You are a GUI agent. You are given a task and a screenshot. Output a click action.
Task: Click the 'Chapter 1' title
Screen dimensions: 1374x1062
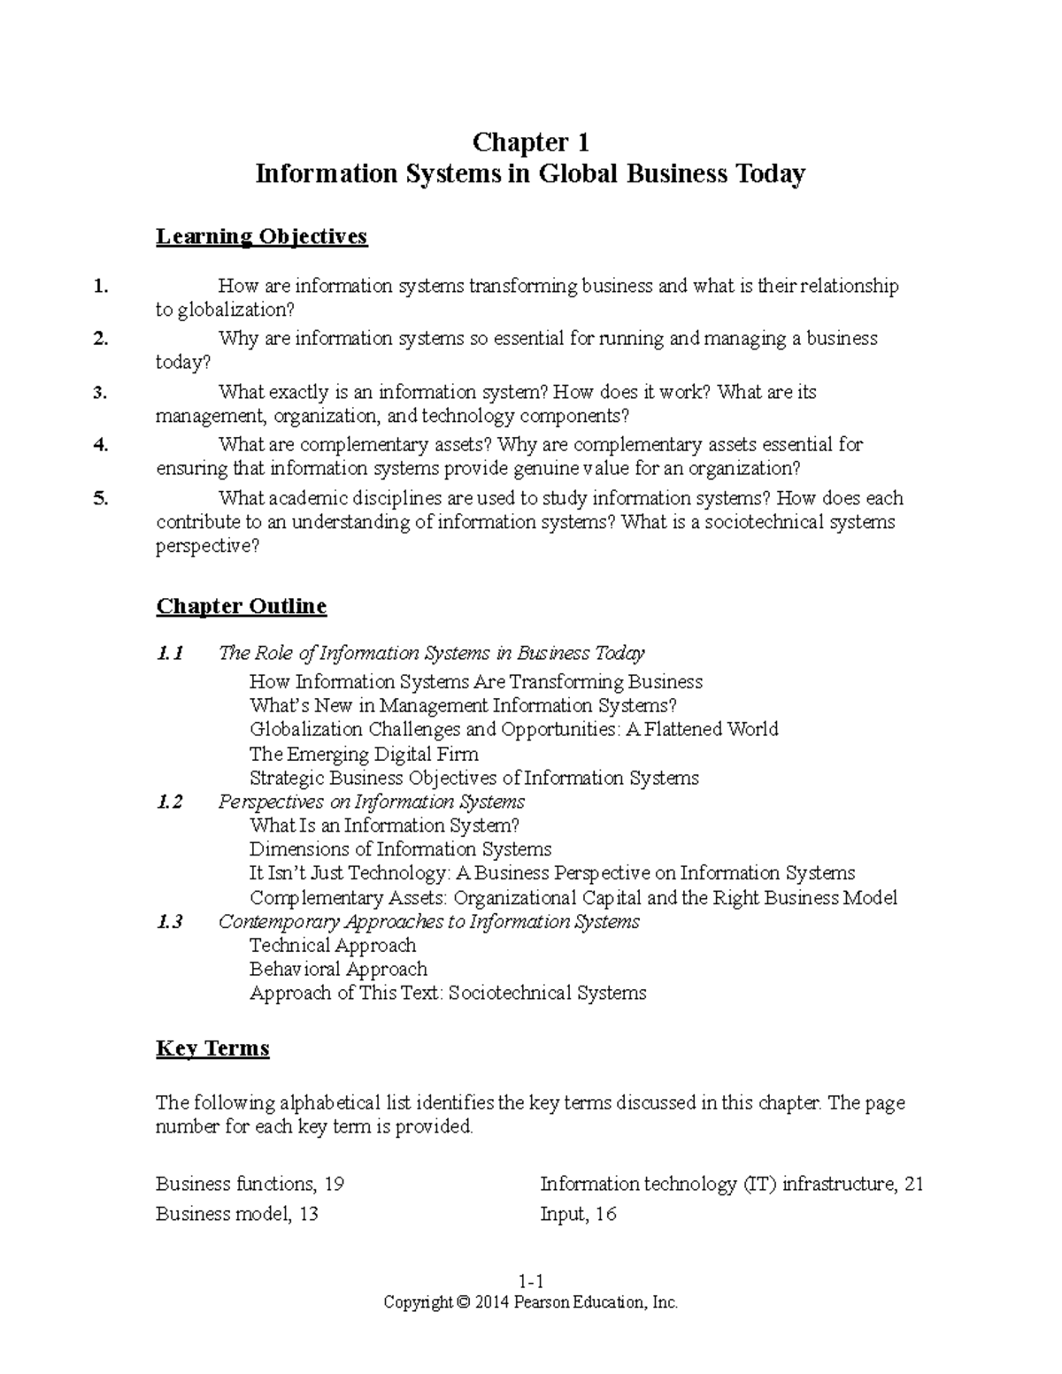click(x=530, y=142)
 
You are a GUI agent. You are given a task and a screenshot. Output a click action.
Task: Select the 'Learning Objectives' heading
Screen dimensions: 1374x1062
click(x=261, y=236)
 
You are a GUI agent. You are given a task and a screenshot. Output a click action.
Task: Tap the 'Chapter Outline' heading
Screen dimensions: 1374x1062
click(x=241, y=606)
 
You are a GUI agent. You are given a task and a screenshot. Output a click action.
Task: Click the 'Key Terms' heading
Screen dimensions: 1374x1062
click(x=212, y=1048)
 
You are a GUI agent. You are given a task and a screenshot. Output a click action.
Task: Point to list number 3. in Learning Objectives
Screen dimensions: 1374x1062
click(x=100, y=392)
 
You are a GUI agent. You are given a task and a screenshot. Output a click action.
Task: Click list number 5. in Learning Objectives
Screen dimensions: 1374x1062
click(x=100, y=498)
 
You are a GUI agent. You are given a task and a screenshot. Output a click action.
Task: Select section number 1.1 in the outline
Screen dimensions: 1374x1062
click(x=169, y=653)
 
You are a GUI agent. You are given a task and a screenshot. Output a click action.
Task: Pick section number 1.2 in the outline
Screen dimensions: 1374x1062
click(x=169, y=802)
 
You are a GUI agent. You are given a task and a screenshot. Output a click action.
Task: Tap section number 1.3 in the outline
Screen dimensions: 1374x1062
click(x=169, y=922)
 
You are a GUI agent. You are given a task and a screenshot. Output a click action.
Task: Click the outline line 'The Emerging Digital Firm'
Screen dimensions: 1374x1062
click(x=364, y=754)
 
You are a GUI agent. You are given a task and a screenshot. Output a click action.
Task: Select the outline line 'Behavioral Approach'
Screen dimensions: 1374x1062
click(x=338, y=969)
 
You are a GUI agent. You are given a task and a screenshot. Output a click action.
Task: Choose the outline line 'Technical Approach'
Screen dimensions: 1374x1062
click(x=333, y=945)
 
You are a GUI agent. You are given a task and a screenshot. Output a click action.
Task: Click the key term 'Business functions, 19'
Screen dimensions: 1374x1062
click(x=250, y=1184)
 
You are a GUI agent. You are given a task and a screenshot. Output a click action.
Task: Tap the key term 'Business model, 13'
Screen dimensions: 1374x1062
click(x=236, y=1214)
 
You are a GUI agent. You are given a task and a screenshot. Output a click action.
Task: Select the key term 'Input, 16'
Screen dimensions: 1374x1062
click(x=578, y=1214)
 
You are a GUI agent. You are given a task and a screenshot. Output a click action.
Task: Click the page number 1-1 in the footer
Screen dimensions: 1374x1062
click(x=530, y=1282)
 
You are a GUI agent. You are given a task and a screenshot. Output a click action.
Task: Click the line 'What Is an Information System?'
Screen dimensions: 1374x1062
click(x=384, y=825)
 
